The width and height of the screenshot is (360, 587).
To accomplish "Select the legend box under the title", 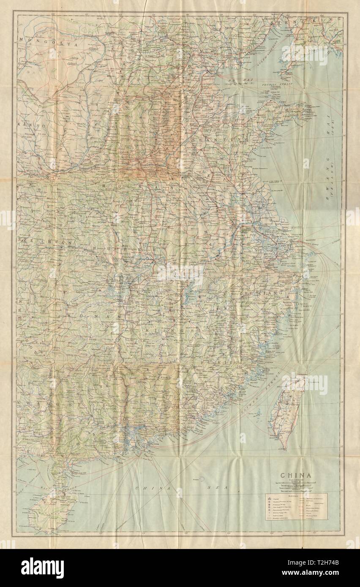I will click(296, 506).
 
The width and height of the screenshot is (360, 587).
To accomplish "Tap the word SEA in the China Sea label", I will click(220, 487).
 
